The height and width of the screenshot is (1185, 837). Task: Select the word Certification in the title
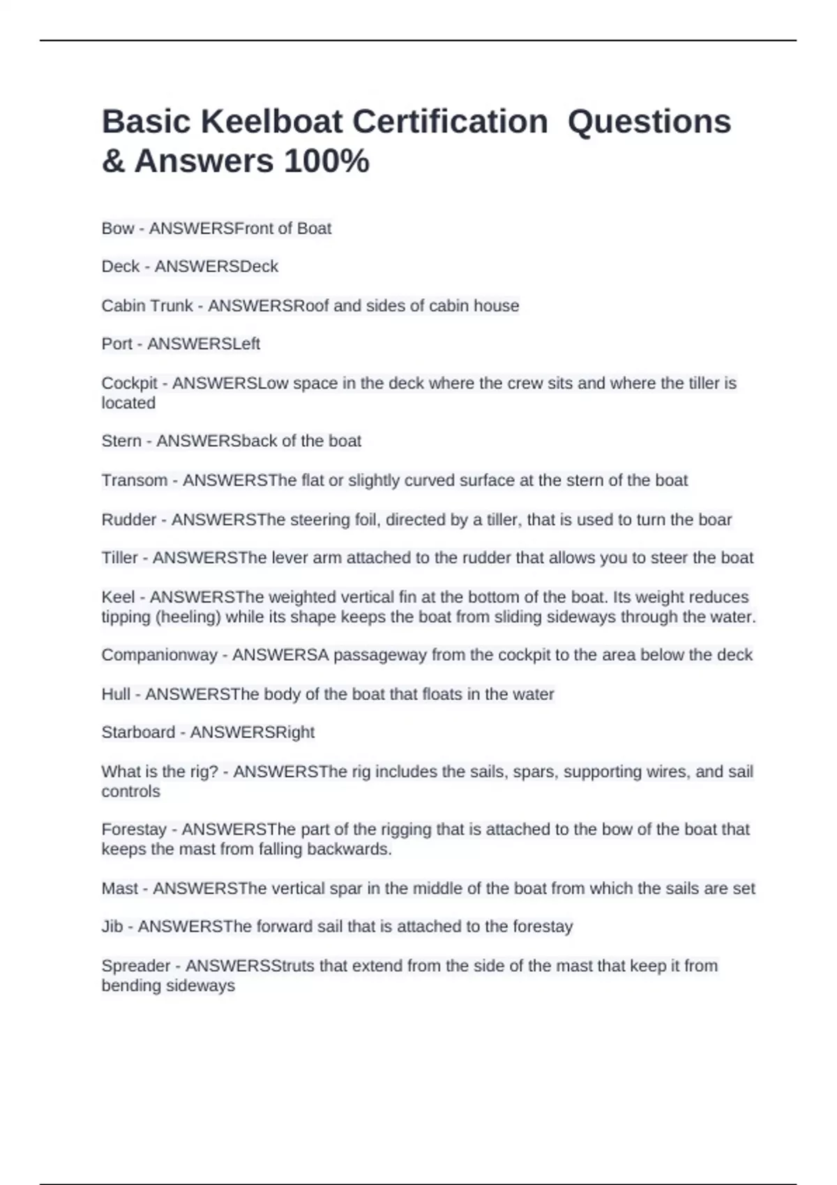(x=449, y=122)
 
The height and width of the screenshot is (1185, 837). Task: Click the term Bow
(x=117, y=229)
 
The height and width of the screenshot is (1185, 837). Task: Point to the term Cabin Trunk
(x=147, y=306)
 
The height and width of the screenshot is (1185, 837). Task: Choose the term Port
(x=116, y=344)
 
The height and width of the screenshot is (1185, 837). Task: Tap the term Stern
(x=121, y=441)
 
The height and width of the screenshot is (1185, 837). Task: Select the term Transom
(x=134, y=481)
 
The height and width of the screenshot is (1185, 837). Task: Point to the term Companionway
(x=159, y=655)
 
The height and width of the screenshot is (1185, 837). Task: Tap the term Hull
(x=116, y=694)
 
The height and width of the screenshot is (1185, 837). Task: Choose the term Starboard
(x=138, y=733)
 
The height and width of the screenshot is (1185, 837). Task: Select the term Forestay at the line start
(x=134, y=829)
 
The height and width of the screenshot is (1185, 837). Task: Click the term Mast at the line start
(x=120, y=889)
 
